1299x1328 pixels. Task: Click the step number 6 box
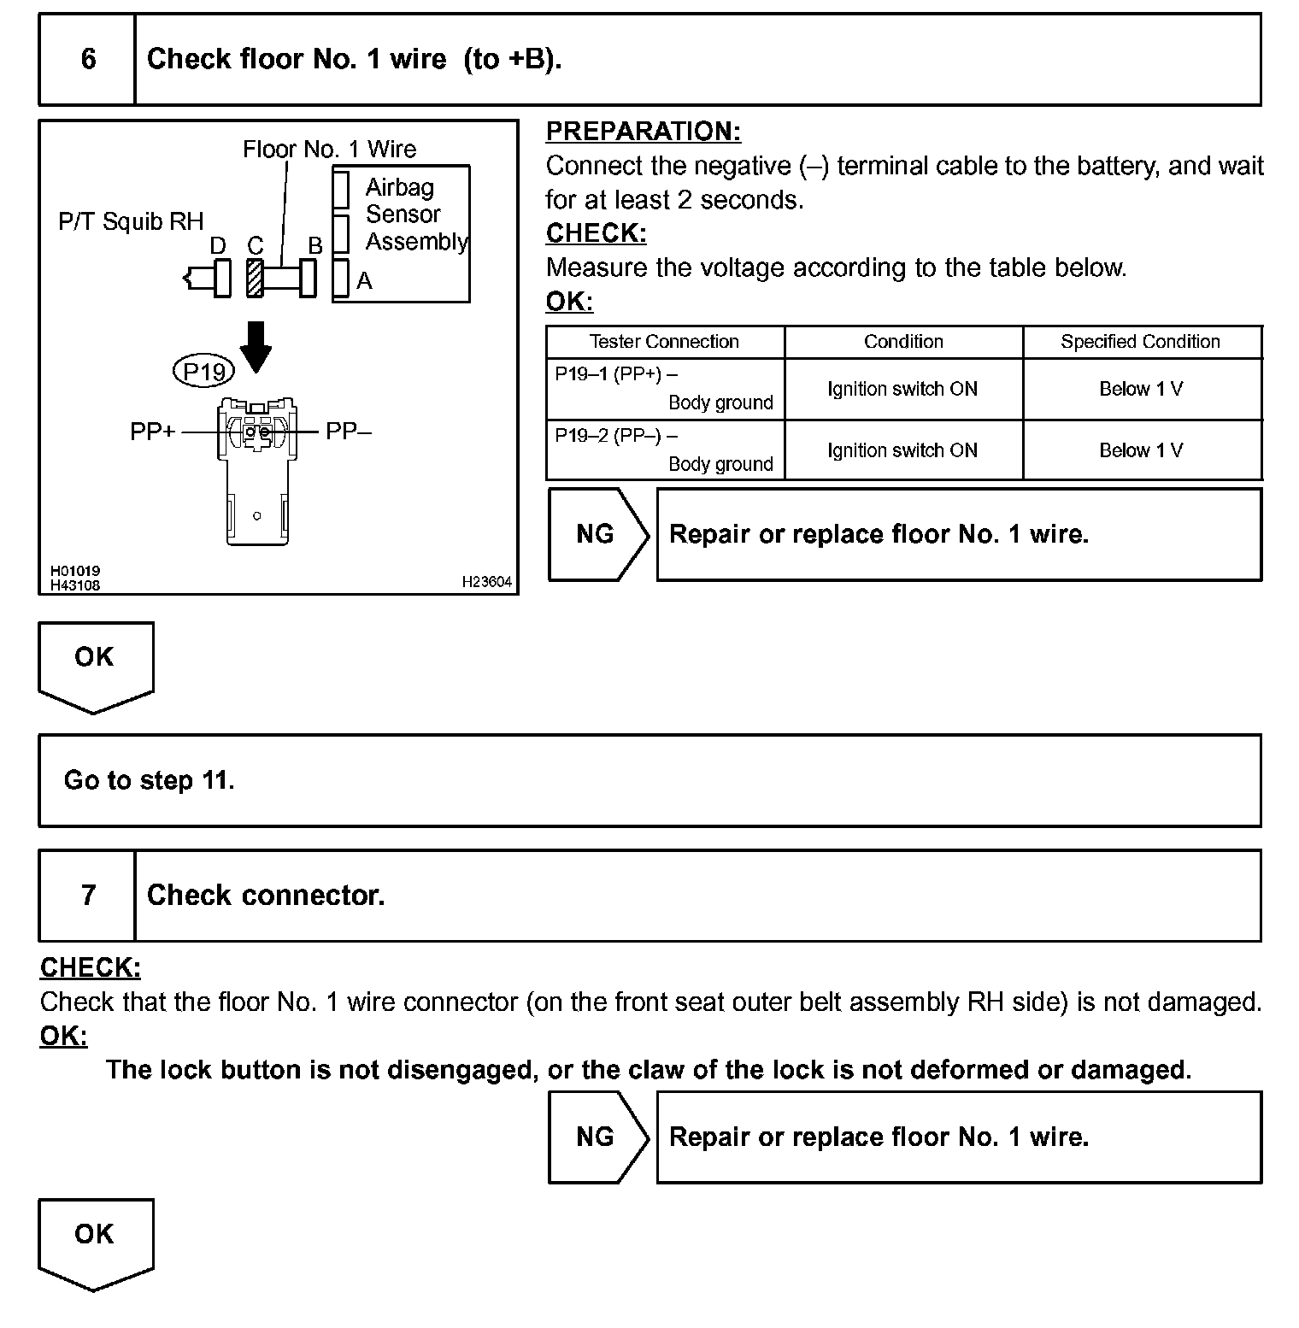tap(87, 59)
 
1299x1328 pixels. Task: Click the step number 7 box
tap(87, 895)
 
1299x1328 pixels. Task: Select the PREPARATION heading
tap(643, 132)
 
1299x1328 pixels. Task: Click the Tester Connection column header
tap(664, 342)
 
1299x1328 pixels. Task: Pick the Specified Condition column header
tap(1140, 342)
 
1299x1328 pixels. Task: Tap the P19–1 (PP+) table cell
tap(664, 389)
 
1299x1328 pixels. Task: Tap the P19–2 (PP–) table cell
tap(664, 450)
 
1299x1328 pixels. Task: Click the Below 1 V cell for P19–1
tap(1140, 389)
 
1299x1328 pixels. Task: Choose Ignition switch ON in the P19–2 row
tap(902, 450)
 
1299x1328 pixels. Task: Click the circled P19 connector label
tap(204, 372)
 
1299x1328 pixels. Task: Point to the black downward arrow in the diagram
tap(255, 346)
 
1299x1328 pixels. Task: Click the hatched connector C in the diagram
tap(255, 278)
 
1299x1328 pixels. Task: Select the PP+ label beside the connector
tap(152, 432)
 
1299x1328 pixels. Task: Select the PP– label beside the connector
tap(349, 432)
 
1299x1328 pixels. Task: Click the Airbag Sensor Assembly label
tap(415, 214)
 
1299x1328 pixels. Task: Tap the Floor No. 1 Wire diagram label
tap(329, 150)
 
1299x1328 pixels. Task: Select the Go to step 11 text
tap(149, 780)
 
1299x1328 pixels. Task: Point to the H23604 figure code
tap(486, 582)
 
